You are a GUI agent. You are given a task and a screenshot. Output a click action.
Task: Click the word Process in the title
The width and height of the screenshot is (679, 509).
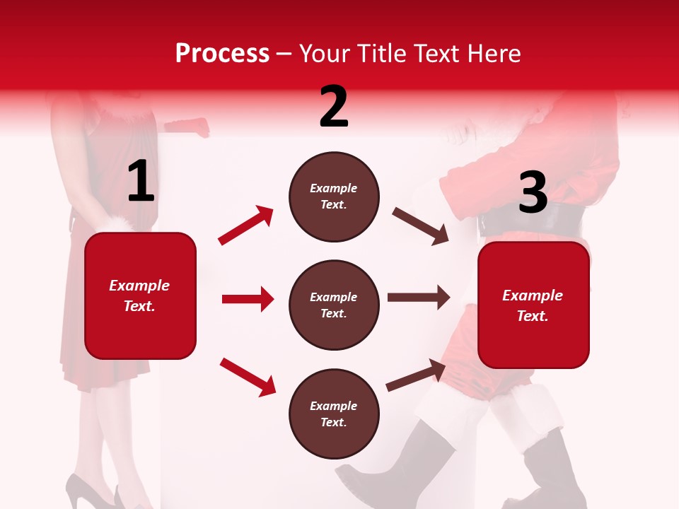(222, 53)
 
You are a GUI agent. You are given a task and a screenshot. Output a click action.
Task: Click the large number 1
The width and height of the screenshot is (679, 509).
(141, 182)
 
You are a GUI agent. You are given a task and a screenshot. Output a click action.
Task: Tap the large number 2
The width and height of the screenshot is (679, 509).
(334, 107)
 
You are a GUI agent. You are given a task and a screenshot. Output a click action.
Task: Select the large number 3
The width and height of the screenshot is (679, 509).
(533, 193)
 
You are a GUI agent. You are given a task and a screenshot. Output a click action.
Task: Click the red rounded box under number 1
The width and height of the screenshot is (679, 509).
(140, 296)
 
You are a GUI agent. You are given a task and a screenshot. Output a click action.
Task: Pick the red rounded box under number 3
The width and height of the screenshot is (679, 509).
(533, 305)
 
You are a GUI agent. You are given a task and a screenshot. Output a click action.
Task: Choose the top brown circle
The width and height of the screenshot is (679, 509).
(334, 197)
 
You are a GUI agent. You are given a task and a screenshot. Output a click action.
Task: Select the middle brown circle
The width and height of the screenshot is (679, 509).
(334, 305)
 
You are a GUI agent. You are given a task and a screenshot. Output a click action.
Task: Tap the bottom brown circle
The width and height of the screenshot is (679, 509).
(334, 414)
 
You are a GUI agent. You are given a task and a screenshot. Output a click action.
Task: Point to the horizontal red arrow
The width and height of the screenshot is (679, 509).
(248, 299)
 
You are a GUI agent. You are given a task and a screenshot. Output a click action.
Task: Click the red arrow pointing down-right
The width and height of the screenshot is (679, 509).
(248, 377)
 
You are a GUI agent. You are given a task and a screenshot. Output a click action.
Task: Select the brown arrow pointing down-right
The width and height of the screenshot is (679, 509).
(420, 226)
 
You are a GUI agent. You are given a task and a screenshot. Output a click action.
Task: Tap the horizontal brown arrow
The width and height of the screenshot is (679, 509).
(418, 298)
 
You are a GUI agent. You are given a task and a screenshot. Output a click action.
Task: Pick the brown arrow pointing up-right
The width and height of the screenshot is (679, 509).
(416, 375)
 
